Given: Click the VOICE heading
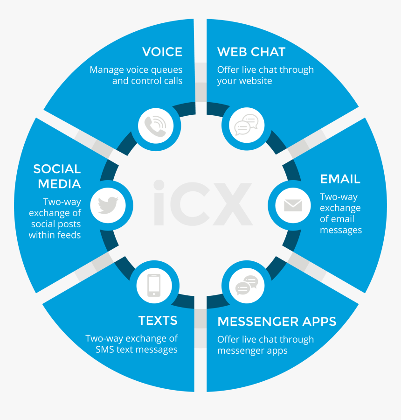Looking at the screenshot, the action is point(162,52).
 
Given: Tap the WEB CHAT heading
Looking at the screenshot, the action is point(251,52).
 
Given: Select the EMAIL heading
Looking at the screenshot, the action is point(340,179).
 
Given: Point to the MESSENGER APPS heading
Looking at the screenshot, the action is point(277,322).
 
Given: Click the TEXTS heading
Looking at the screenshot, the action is point(158,320).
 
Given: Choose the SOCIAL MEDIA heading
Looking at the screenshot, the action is point(57,176).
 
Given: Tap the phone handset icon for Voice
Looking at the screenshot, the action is point(155,126).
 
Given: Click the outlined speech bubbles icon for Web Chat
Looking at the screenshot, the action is point(246,125).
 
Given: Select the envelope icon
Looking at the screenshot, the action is point(293,205).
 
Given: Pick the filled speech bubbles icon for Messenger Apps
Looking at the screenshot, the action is point(247,285).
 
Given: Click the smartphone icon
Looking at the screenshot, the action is point(154,285).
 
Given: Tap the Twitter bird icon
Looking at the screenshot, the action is point(108,205).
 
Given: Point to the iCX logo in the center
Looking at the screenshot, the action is point(203,203).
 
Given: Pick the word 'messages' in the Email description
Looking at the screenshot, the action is point(341,230).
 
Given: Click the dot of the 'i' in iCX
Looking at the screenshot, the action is point(159,185).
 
